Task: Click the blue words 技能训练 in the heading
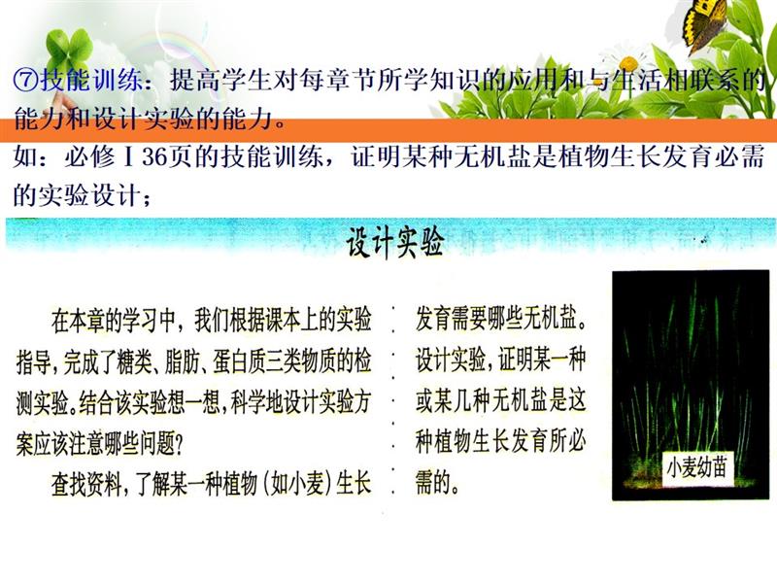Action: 92,81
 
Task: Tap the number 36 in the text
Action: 155,157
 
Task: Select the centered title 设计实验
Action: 394,242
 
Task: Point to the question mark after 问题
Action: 179,444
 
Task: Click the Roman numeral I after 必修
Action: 129,157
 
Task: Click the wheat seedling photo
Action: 691,385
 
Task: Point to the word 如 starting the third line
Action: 27,157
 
